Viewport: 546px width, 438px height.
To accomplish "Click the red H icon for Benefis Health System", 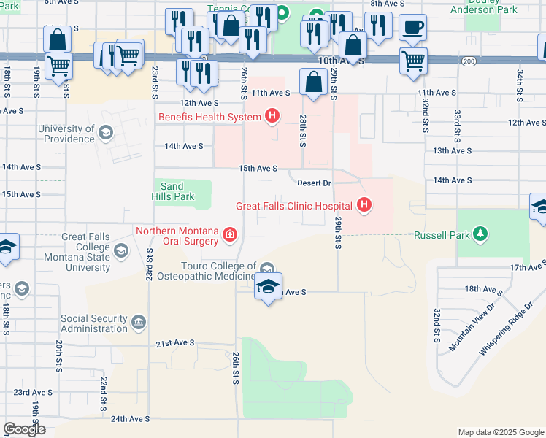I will pos(272,115).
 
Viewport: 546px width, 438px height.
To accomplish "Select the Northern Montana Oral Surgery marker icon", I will pos(229,234).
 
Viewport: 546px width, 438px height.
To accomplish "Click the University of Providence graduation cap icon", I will pos(106,132).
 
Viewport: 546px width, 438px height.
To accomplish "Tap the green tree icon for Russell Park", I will pos(480,234).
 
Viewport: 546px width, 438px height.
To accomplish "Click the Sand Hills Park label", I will pos(174,192).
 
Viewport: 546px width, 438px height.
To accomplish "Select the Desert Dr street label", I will pos(315,182).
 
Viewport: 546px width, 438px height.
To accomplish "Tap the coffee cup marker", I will pos(412,28).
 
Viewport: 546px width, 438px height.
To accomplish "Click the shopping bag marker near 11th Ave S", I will pos(313,82).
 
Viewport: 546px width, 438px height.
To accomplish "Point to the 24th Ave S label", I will pos(130,419).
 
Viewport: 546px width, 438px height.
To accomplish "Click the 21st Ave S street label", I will pos(174,342).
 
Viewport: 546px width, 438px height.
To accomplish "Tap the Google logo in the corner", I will pos(24,429).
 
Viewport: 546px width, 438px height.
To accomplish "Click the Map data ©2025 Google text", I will pos(500,432).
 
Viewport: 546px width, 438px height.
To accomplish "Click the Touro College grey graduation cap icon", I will pos(266,269).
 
